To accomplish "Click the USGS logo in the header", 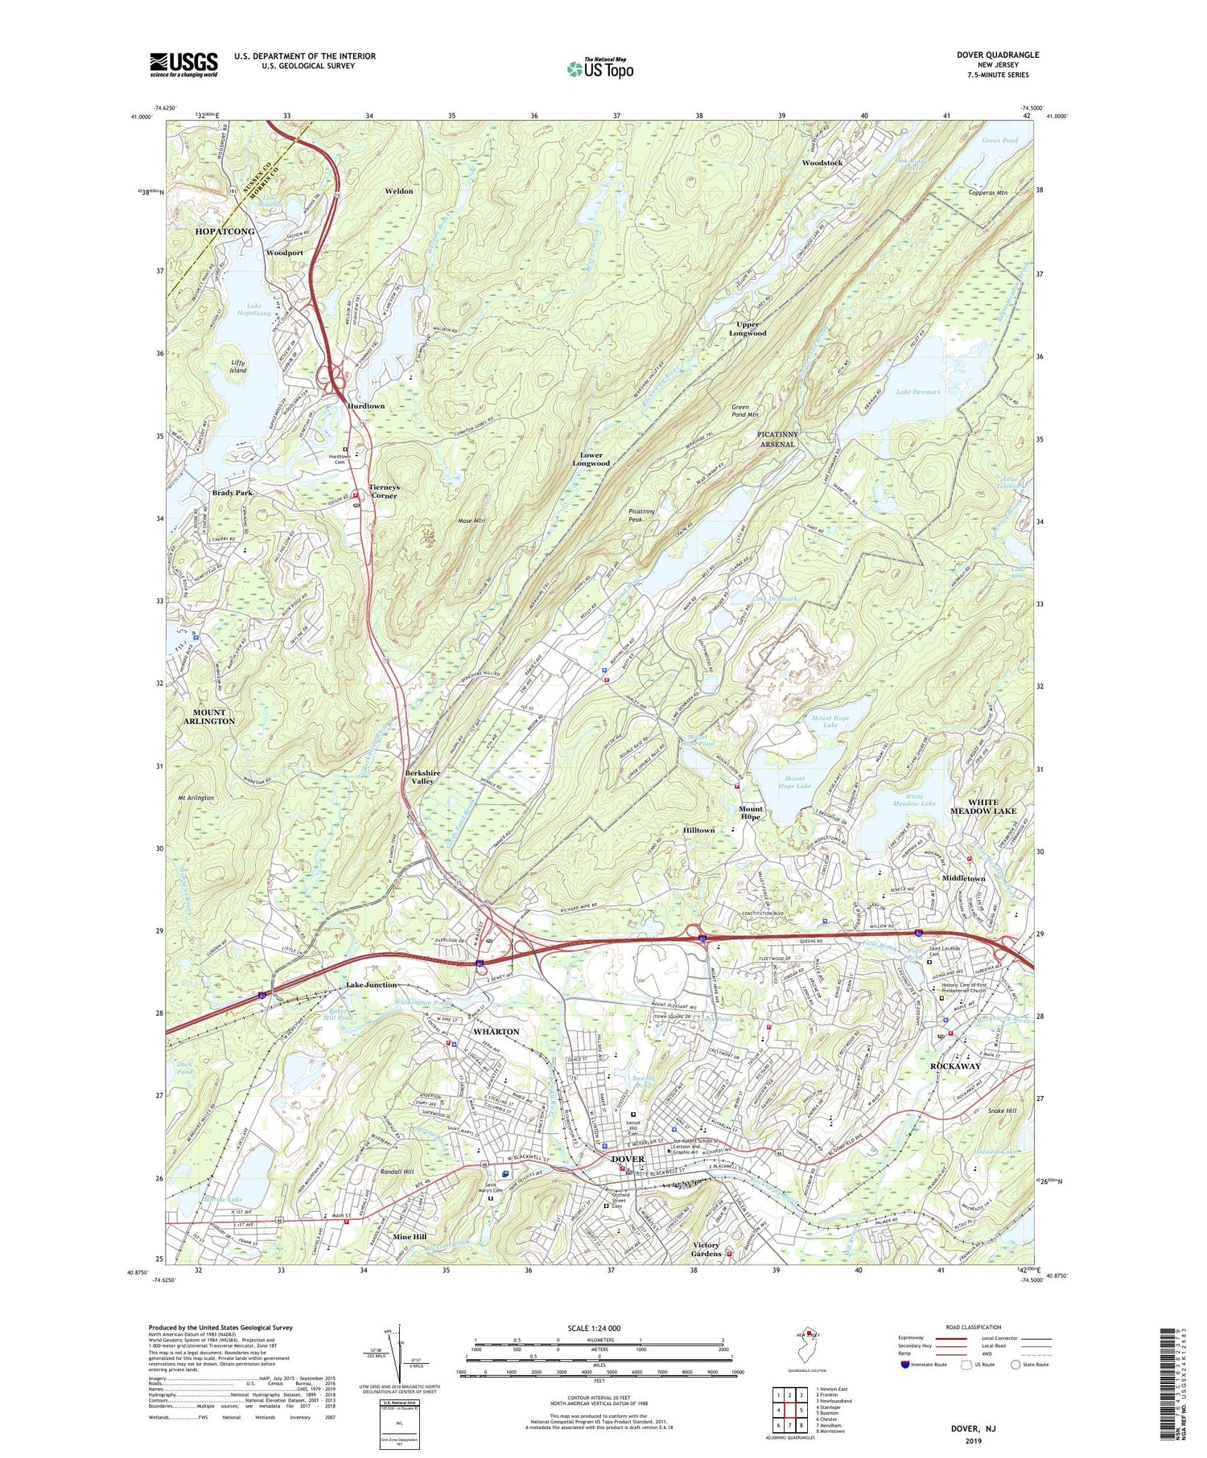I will (183, 64).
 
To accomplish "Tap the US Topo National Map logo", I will (599, 68).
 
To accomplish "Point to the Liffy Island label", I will (237, 367).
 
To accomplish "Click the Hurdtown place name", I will (366, 406).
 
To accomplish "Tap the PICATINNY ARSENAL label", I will (777, 438).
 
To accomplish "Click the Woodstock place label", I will (822, 162).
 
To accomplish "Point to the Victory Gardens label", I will (706, 1250).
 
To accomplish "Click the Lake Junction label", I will (371, 984).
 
